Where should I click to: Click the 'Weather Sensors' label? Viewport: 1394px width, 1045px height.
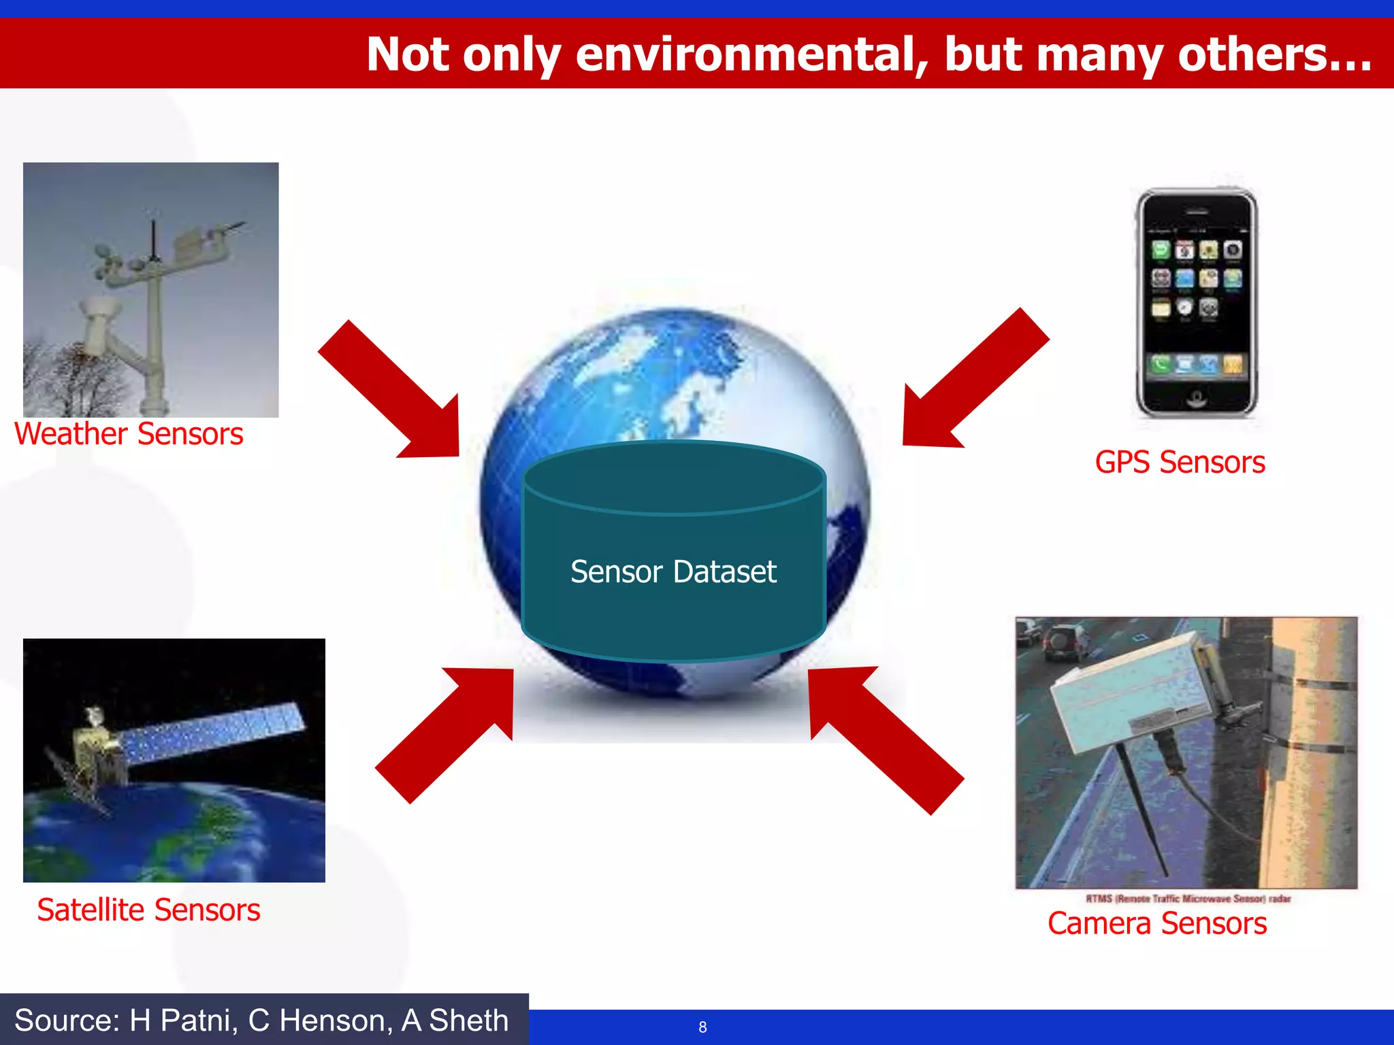pos(129,434)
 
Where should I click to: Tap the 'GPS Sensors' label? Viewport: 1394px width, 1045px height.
pos(1180,463)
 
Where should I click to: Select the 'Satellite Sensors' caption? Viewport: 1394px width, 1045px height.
pos(148,910)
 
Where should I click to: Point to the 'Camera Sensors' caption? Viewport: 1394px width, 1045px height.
pos(1157,924)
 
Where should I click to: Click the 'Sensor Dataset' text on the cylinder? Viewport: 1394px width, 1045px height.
pos(673,571)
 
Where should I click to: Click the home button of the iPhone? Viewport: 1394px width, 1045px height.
pos(1196,397)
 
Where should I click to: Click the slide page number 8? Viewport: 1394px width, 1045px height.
pos(702,1027)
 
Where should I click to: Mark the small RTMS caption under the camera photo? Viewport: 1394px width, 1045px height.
pos(1188,899)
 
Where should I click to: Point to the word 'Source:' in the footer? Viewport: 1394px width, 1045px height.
pos(67,1021)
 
